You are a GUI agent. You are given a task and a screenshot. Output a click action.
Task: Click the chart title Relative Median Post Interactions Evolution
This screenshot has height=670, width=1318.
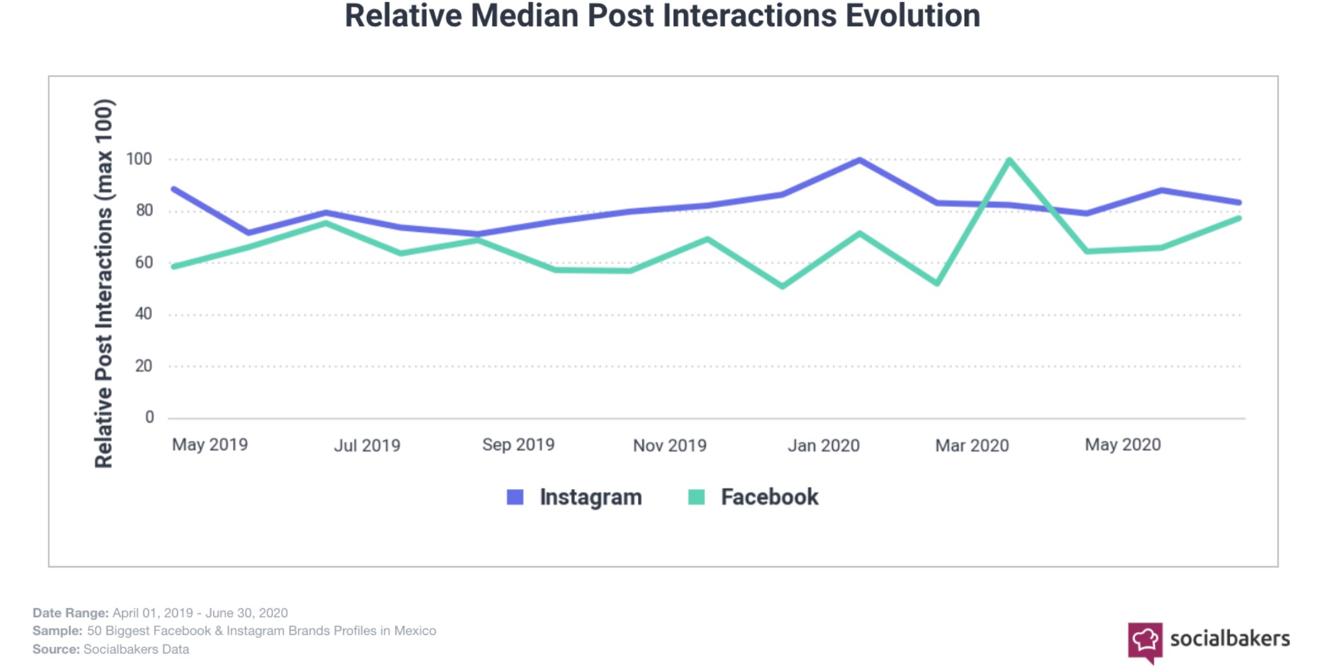[x=662, y=17]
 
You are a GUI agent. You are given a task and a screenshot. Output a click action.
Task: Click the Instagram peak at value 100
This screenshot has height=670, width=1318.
[x=860, y=160]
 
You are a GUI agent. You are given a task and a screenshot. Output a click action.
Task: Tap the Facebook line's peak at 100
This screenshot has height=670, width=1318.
[x=1010, y=160]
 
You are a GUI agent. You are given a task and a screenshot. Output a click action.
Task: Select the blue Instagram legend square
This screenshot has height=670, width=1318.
[x=515, y=497]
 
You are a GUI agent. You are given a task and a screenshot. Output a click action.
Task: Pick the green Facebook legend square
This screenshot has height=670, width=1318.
[x=697, y=497]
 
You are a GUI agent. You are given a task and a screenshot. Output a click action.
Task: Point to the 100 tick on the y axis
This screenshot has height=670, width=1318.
[x=139, y=159]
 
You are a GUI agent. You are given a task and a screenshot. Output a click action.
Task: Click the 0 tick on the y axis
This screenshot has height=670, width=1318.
[x=150, y=417]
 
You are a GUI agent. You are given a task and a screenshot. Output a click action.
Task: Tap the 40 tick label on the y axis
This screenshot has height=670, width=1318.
[x=144, y=313]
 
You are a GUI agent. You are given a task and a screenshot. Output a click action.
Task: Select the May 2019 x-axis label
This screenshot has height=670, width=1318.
[x=210, y=445]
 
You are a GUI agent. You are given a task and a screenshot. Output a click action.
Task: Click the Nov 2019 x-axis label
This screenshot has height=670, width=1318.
[x=670, y=445]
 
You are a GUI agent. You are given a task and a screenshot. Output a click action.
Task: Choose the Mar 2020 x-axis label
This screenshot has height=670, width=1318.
[x=972, y=445]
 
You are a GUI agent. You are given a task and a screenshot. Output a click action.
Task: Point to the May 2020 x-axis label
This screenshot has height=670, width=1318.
[x=1123, y=445]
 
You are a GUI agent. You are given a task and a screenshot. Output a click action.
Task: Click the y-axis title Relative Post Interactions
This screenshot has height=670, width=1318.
[x=104, y=283]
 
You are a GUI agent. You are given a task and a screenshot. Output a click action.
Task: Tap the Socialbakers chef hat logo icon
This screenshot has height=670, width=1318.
[x=1145, y=641]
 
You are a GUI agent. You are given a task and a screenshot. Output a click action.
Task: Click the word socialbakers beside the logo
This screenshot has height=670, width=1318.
[x=1229, y=638]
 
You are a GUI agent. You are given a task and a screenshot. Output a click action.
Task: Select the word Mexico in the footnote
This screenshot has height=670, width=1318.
[x=415, y=631]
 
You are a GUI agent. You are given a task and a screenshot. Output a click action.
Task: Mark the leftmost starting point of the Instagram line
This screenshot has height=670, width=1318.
[x=174, y=189]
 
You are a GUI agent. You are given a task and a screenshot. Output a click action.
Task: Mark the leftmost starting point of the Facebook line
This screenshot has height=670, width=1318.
[x=174, y=266]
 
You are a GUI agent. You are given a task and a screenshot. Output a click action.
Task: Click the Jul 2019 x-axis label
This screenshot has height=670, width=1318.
[x=367, y=445]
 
